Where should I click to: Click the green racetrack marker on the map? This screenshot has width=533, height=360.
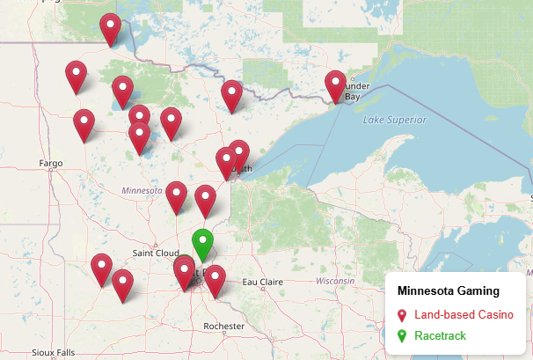coord(203,243)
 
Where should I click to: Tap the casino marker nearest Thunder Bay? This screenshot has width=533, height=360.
coord(335,85)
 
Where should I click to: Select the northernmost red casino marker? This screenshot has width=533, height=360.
coord(110,28)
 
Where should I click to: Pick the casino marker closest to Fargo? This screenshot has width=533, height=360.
coord(84,125)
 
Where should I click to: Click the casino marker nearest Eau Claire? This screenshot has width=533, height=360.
coord(215,280)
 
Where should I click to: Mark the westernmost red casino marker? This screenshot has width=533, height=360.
coord(77,76)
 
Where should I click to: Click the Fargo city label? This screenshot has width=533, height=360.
coord(52,164)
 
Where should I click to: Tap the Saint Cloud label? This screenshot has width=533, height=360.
coord(156,253)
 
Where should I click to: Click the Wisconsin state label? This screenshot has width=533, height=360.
coord(334,281)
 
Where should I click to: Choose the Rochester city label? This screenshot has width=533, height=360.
coord(223,327)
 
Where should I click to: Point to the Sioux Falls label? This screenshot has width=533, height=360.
coord(54,352)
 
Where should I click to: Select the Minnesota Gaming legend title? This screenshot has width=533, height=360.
coord(449,290)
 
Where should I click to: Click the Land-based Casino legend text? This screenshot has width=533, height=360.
coord(464,314)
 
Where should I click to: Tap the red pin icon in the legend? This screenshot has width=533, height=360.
coord(402,315)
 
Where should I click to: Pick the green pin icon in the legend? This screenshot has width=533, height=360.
coord(402,336)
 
